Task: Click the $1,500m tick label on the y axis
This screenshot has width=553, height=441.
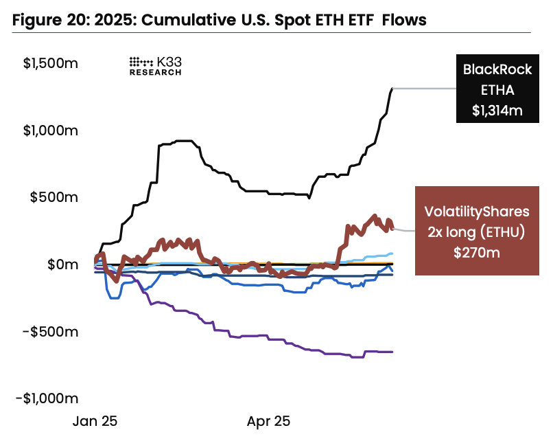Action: click(x=51, y=64)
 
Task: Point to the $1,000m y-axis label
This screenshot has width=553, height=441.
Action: click(x=51, y=131)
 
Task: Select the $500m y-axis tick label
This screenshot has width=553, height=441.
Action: click(x=58, y=197)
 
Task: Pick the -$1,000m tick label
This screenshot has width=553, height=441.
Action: click(x=49, y=398)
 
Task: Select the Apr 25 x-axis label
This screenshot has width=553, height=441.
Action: click(x=269, y=420)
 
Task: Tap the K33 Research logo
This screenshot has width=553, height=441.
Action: click(x=156, y=65)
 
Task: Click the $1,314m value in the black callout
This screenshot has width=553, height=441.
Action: click(x=497, y=110)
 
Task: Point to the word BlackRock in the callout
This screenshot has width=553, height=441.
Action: click(x=497, y=69)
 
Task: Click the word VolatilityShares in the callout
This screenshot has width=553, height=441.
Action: click(x=476, y=211)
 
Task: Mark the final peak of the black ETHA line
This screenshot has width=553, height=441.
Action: click(x=392, y=89)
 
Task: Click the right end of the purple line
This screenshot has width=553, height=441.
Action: click(x=392, y=352)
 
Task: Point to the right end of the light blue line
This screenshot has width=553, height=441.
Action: click(x=392, y=253)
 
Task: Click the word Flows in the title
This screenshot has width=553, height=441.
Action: click(x=404, y=21)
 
